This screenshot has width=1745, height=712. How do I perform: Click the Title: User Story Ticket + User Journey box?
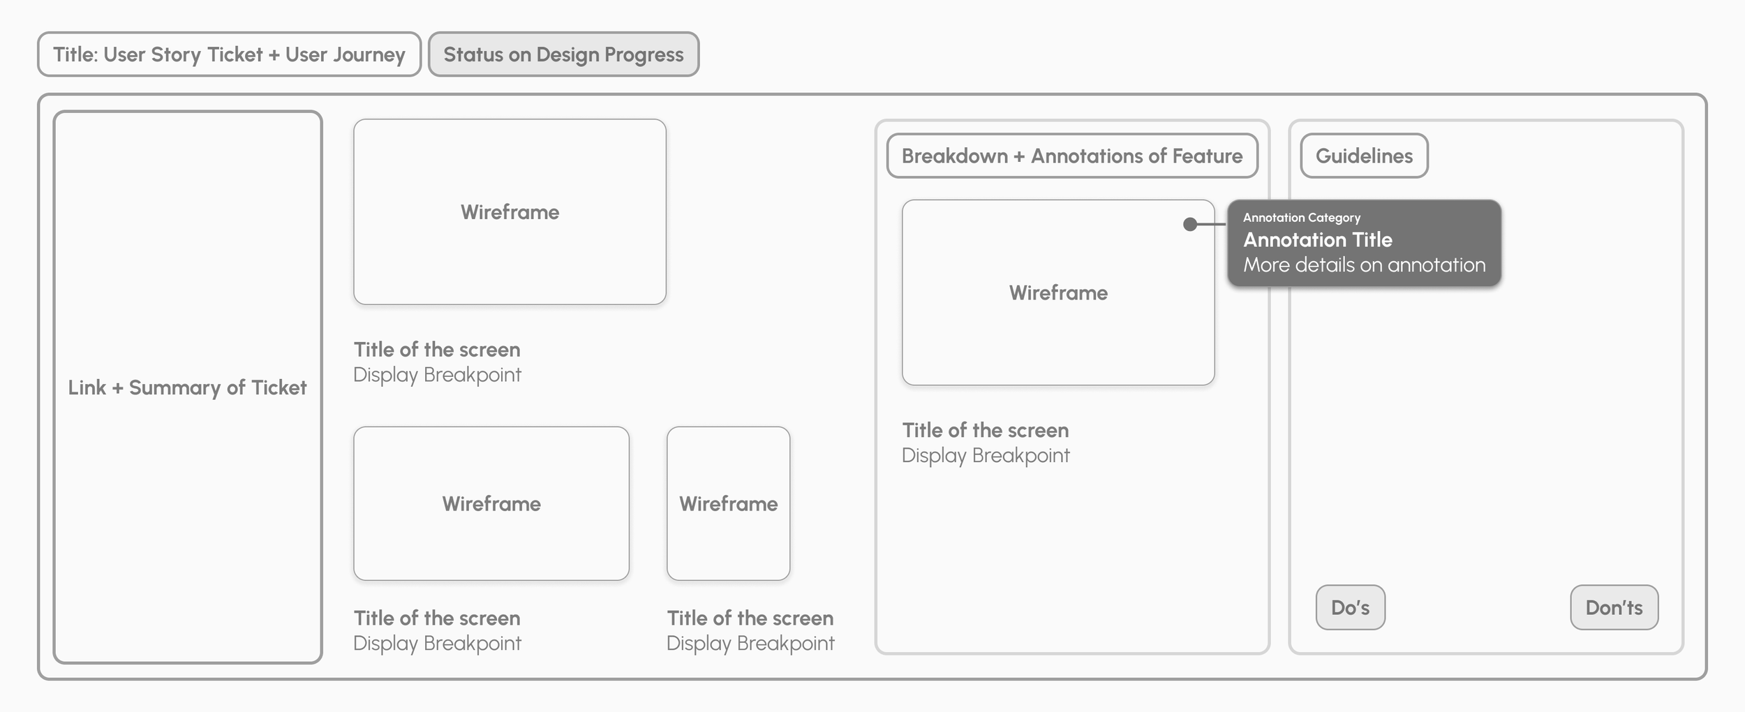click(229, 54)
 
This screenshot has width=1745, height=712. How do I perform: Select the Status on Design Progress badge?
click(563, 54)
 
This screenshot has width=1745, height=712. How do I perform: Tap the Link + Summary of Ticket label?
click(187, 387)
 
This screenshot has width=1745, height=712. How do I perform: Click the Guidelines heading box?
click(1364, 156)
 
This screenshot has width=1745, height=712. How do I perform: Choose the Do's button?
click(1350, 607)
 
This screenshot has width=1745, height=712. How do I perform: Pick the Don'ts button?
click(1614, 607)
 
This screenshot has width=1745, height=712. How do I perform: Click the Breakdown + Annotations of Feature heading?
click(1071, 156)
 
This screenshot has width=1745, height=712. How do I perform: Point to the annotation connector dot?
click(1190, 224)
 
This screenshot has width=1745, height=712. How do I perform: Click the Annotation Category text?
click(1301, 218)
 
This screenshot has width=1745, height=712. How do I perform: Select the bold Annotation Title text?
click(1317, 240)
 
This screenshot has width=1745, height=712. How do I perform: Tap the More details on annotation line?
click(1364, 265)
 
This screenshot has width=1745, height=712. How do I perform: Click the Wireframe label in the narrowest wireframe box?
click(728, 504)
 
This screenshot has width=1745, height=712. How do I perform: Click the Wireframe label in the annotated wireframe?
click(1058, 293)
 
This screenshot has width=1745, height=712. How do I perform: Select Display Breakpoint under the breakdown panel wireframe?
click(985, 456)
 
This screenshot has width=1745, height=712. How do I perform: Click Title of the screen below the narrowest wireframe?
click(750, 618)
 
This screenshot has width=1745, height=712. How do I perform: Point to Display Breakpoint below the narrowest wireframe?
click(750, 644)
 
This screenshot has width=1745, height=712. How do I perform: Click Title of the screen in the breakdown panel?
click(985, 431)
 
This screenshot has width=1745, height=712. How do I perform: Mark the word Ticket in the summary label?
click(279, 387)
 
